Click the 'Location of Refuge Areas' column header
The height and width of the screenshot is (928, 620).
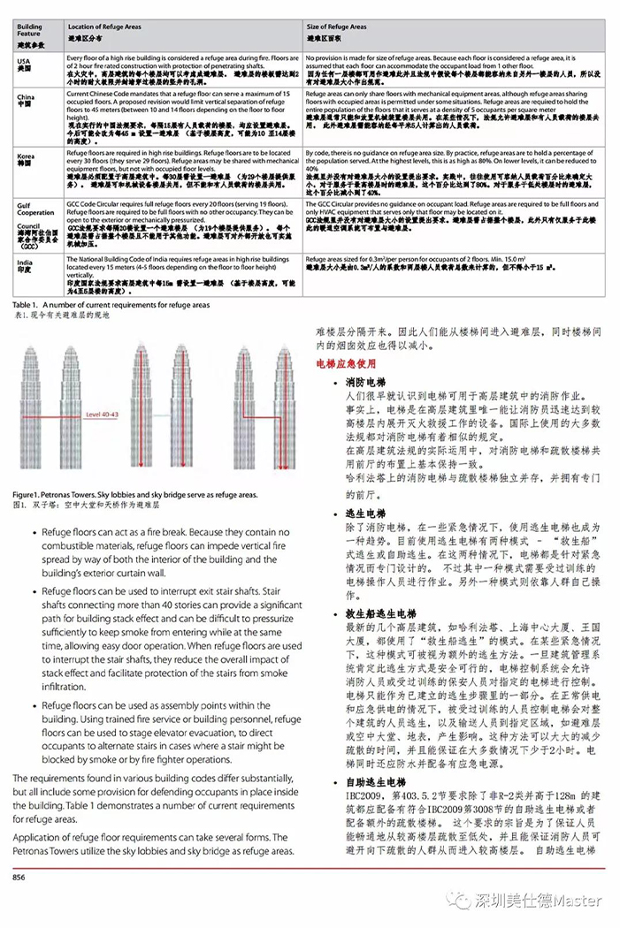(102, 27)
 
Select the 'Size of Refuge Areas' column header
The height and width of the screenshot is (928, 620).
(336, 27)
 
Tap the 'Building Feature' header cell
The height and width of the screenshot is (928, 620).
(29, 30)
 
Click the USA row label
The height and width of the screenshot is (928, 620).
(24, 61)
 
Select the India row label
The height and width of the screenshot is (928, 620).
(26, 263)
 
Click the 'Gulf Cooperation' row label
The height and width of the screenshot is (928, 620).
(35, 209)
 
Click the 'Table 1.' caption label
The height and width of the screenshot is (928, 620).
(29, 305)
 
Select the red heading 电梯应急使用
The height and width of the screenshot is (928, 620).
(347, 363)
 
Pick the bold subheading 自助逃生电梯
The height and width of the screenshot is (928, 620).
(376, 782)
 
